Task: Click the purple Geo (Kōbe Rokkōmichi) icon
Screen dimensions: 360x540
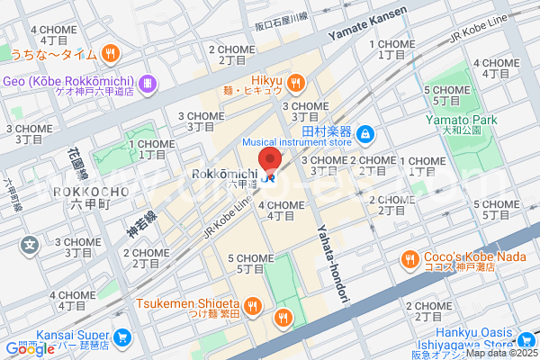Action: pos(148,84)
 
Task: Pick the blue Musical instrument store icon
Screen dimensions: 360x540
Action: pos(364,135)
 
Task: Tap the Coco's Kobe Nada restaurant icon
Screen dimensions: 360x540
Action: pos(409,258)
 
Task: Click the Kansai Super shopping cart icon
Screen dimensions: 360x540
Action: pos(123,339)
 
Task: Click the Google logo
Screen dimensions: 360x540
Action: pos(30,349)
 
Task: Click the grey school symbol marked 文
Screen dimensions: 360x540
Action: pos(29,243)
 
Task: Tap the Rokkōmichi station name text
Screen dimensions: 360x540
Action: pos(226,172)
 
